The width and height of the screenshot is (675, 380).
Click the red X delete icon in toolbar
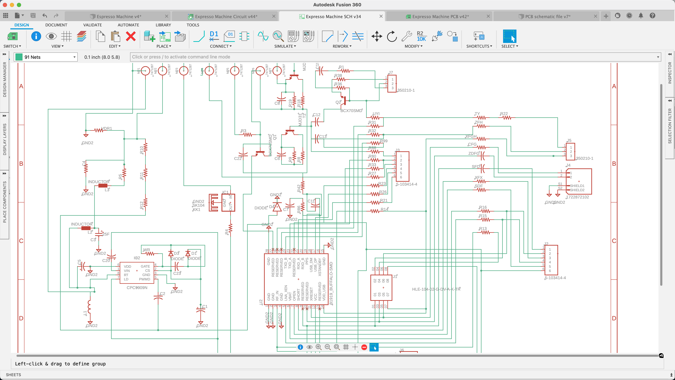(x=130, y=36)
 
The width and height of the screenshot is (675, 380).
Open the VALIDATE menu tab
(x=92, y=25)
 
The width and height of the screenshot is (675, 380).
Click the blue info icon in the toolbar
(x=36, y=36)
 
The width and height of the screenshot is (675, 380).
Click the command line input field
(x=393, y=57)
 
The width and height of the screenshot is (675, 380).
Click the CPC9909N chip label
(x=137, y=287)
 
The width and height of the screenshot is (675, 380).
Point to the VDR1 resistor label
(x=107, y=128)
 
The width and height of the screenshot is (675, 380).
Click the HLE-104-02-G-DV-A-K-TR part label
(x=436, y=289)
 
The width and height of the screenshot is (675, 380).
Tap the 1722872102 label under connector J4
(x=577, y=197)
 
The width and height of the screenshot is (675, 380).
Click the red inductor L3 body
(x=103, y=186)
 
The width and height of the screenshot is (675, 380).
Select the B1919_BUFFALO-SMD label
(x=331, y=283)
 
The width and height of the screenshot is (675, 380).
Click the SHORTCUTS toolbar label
(x=479, y=46)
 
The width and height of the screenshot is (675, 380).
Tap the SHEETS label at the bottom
(x=13, y=375)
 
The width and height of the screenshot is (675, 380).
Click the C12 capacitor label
(x=317, y=115)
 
